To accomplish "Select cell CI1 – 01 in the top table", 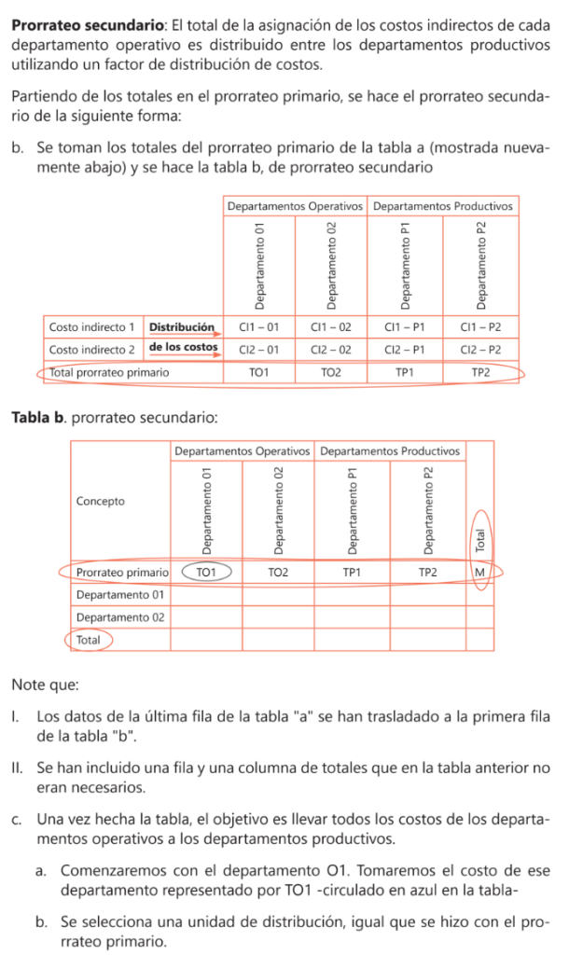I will (258, 327).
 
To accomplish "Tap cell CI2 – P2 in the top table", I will (480, 349).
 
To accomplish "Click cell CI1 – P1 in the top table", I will (405, 327).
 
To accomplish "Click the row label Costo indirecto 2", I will (91, 349).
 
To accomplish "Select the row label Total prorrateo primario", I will (109, 371).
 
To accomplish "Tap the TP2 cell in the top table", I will (480, 371).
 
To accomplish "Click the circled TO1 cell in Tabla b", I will (206, 571).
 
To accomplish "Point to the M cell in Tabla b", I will (480, 571).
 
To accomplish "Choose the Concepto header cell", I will (101, 501).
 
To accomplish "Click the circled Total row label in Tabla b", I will (89, 641).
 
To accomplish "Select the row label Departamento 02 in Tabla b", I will (120, 616).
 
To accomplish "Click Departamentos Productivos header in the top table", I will (444, 204).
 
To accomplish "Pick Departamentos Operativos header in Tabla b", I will (242, 450).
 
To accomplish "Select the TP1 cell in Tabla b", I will (352, 571).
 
